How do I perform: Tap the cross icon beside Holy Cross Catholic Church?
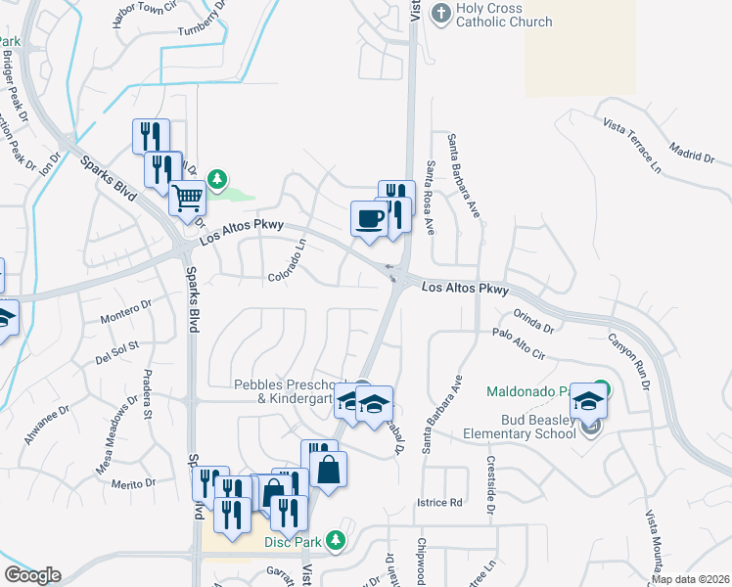pyautogui.click(x=441, y=14)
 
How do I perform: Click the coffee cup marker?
pyautogui.click(x=369, y=218)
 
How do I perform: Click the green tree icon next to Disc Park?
pyautogui.click(x=336, y=539)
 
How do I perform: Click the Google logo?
pyautogui.click(x=32, y=575)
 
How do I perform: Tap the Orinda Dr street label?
pyautogui.click(x=533, y=321)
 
